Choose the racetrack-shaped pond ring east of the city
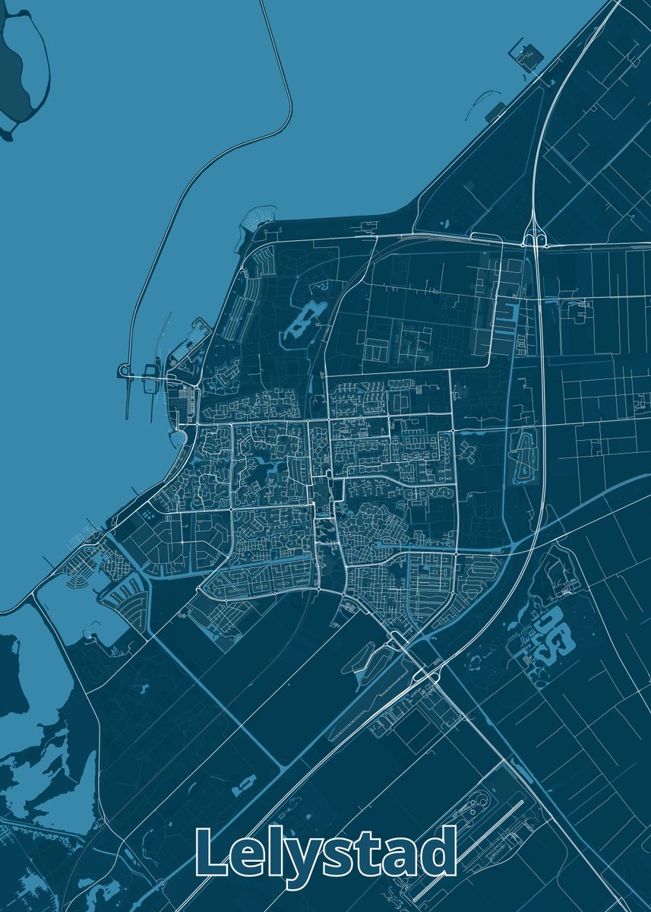pyautogui.click(x=523, y=455)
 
